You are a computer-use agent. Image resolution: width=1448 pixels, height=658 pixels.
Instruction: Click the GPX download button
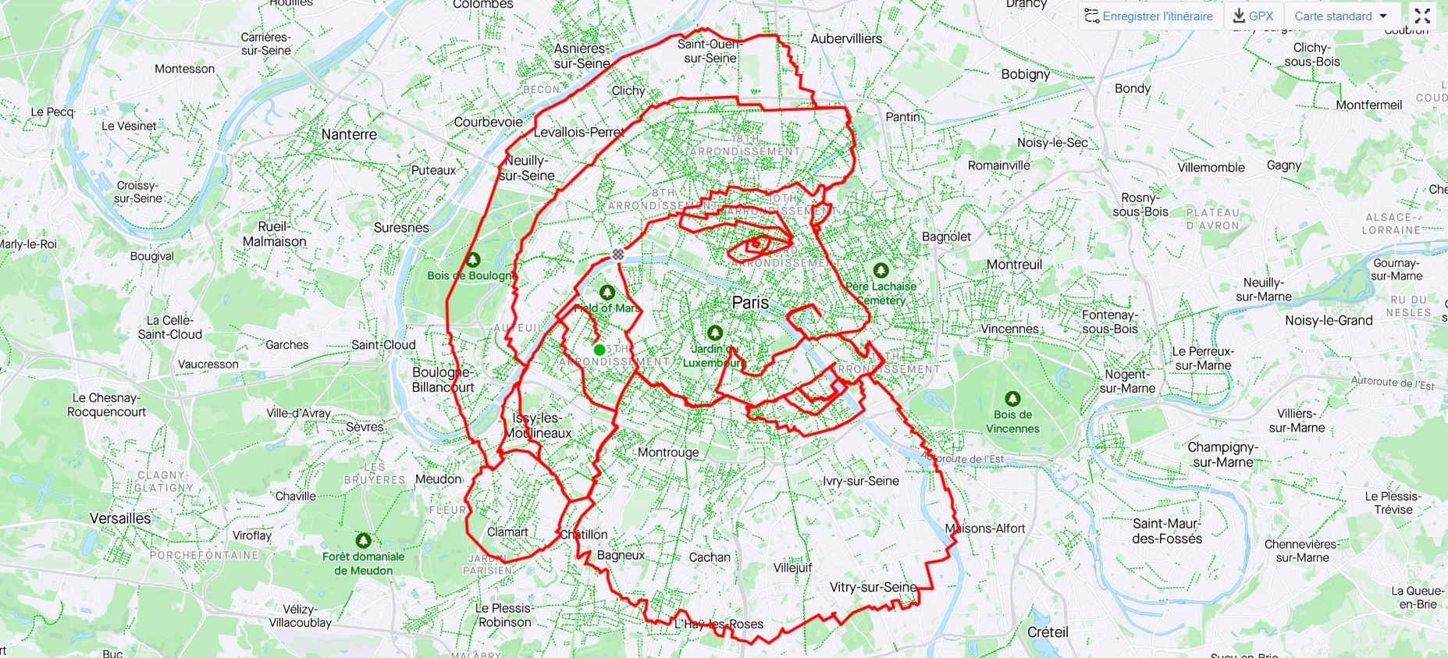(x=1254, y=16)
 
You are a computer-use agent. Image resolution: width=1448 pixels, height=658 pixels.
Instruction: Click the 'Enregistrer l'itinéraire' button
(x=1149, y=16)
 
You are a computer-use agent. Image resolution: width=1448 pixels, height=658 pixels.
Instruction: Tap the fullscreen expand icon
(x=1422, y=16)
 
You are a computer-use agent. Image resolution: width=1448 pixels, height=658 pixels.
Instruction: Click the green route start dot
(x=599, y=350)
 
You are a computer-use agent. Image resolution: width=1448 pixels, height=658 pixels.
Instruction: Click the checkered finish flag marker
(x=618, y=254)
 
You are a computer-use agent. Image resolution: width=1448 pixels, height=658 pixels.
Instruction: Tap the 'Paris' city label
(x=750, y=303)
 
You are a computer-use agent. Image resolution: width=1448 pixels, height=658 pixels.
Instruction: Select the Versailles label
(x=120, y=518)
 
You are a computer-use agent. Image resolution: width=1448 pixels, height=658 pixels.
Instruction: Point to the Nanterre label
(x=349, y=134)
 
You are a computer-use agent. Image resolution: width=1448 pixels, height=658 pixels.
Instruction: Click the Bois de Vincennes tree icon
(x=1012, y=399)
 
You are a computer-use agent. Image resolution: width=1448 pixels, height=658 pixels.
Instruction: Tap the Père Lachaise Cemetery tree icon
(x=881, y=270)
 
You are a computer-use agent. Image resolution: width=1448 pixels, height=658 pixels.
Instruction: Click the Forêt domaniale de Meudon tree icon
(x=363, y=540)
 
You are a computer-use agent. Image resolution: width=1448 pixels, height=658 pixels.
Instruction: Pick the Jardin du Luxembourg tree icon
(x=714, y=333)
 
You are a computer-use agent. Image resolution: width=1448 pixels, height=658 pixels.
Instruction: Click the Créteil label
(x=1048, y=632)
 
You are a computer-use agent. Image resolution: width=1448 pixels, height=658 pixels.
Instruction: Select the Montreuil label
(x=1014, y=265)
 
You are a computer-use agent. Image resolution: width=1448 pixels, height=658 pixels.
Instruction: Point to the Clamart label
(x=507, y=532)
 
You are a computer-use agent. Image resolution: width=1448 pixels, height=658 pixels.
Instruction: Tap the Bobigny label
(x=1026, y=74)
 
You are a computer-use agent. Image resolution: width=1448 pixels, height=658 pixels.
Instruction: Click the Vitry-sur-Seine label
(x=873, y=587)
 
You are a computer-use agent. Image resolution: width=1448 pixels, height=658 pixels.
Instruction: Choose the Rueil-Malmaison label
(x=274, y=234)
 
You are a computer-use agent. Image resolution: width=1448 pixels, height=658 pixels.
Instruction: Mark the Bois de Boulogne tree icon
(x=472, y=259)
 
